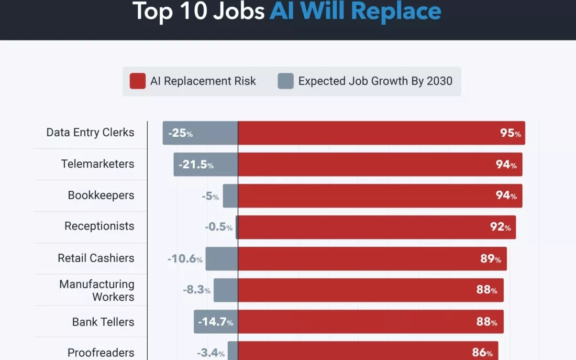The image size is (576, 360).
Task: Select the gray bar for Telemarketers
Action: (206, 165)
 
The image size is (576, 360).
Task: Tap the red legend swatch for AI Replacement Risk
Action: (138, 81)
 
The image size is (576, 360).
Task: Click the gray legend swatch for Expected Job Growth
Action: (285, 81)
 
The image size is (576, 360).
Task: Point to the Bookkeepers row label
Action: (101, 195)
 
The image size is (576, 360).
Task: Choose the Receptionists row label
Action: (99, 226)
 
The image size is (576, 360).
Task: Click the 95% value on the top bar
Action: (510, 133)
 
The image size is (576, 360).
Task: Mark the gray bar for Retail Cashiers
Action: (221, 259)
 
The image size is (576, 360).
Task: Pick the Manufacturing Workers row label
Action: (97, 290)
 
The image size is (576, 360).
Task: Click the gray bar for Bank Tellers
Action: (216, 322)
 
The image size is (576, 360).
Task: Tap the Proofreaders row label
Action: (101, 353)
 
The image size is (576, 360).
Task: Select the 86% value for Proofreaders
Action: (482, 353)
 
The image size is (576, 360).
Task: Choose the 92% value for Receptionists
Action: (500, 227)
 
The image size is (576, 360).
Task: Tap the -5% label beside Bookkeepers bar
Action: (210, 197)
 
